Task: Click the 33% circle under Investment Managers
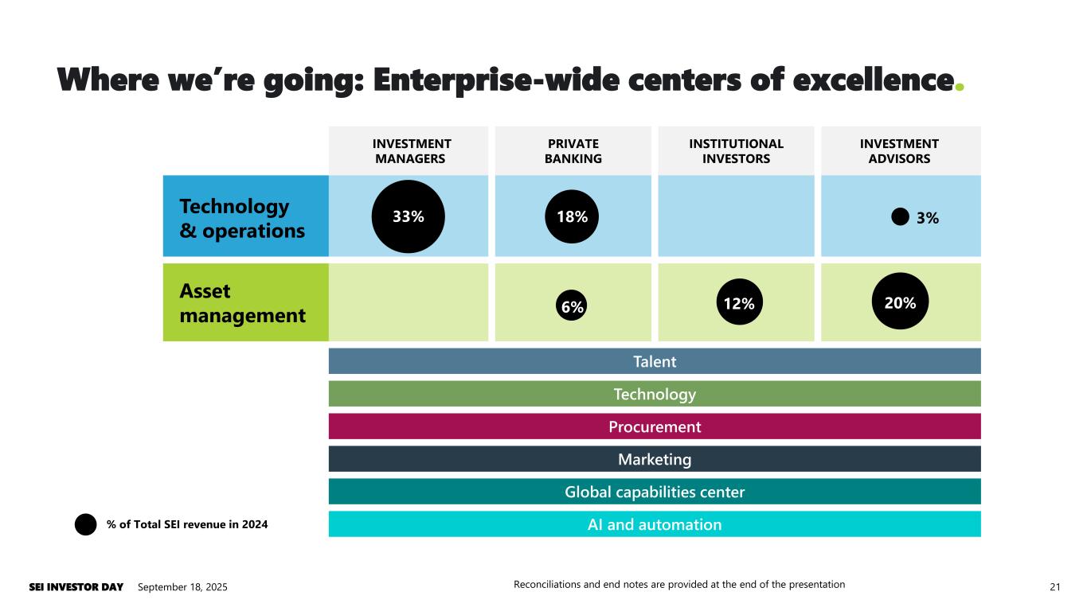tap(408, 216)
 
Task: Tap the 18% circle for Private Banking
tap(572, 216)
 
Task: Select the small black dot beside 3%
tap(900, 216)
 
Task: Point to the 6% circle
tap(572, 305)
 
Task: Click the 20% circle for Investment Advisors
tap(901, 302)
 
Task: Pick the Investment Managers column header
tap(412, 151)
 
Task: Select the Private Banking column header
tap(573, 151)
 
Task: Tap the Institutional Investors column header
tap(736, 151)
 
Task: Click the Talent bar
tap(655, 361)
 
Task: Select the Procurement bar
tap(655, 426)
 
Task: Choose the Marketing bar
tap(655, 459)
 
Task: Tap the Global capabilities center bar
tap(655, 492)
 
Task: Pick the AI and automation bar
tap(655, 524)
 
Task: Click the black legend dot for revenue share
tap(86, 524)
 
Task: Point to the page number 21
tap(1055, 587)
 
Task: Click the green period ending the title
tap(960, 86)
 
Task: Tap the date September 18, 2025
tap(182, 587)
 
